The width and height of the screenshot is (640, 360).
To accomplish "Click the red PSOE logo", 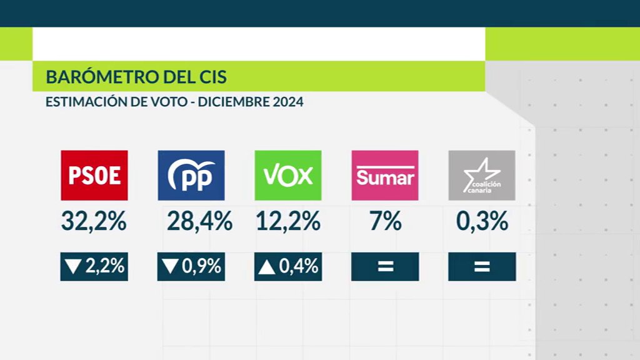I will tap(94, 175).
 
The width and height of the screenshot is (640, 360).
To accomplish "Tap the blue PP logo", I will tap(191, 175).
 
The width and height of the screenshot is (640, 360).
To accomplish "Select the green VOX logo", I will tap(288, 175).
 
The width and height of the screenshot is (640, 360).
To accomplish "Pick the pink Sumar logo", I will tap(385, 175).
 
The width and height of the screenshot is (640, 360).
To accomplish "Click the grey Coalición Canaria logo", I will tap(482, 175).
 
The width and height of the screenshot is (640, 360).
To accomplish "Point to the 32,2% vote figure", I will tap(94, 221).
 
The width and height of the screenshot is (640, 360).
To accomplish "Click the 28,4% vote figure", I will tap(199, 221).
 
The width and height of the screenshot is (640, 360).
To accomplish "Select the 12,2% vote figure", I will tap(288, 221).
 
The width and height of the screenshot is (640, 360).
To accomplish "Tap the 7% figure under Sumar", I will tap(385, 221).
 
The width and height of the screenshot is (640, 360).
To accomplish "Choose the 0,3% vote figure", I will tap(482, 221).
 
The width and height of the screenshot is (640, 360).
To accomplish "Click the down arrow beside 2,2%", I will tap(74, 267).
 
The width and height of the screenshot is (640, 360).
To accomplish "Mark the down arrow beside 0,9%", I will tap(170, 267).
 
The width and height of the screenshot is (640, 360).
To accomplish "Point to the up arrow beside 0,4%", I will tap(267, 267).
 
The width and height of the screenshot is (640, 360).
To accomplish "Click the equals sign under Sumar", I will tap(385, 267).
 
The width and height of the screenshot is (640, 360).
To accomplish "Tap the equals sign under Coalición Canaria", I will tap(482, 267).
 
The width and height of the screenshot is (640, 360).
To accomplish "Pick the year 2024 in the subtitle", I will tap(287, 102).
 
